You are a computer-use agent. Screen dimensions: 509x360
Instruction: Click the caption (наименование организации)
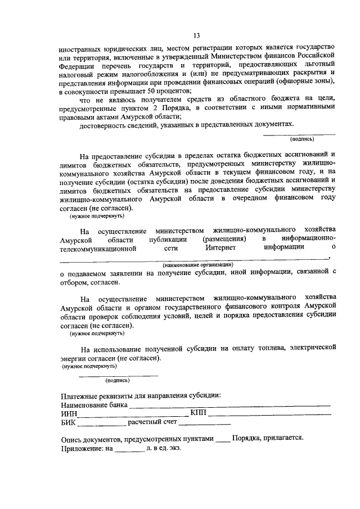(x=197, y=264)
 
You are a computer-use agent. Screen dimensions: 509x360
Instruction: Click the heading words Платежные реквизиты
(x=96, y=394)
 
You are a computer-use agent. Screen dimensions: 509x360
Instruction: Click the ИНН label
(x=68, y=413)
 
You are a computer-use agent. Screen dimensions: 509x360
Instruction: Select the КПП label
(x=199, y=413)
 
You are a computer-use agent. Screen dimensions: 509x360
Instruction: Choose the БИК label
(x=67, y=423)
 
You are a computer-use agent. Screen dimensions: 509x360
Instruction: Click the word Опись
(x=71, y=439)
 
